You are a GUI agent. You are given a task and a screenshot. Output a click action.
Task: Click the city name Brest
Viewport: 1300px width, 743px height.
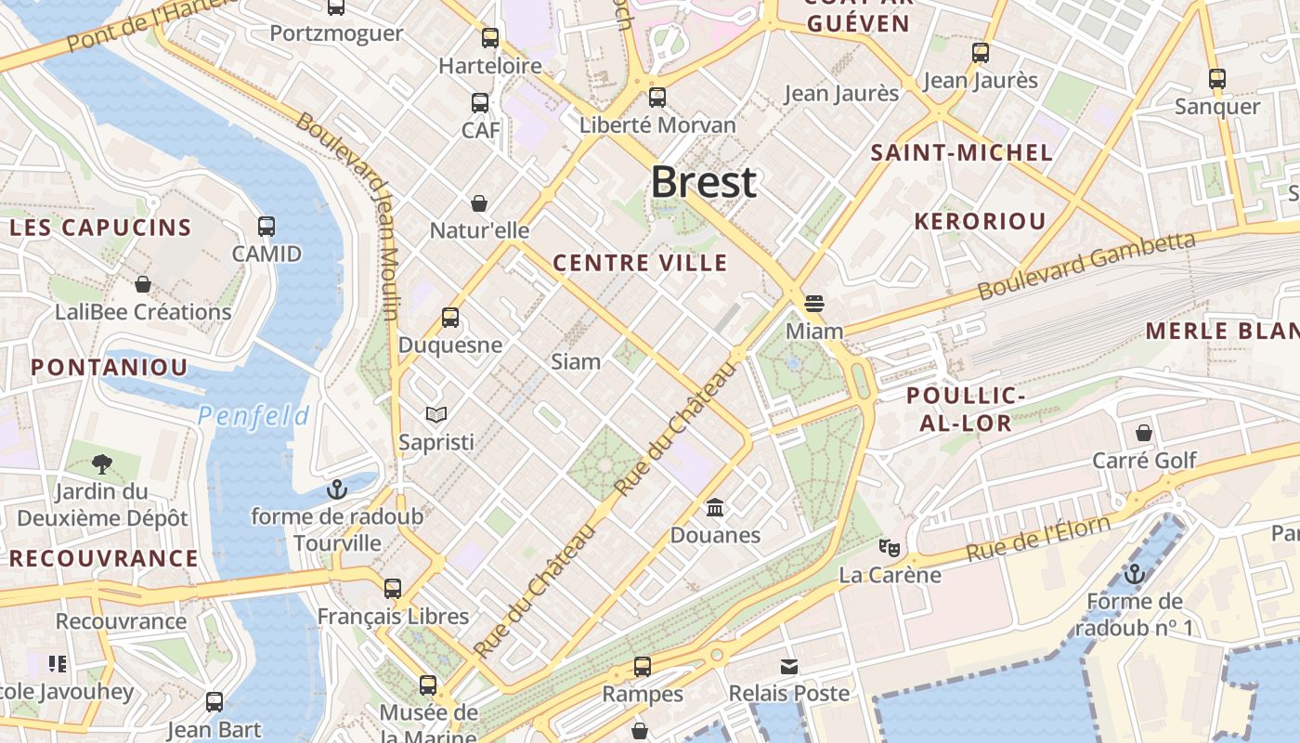[x=703, y=182]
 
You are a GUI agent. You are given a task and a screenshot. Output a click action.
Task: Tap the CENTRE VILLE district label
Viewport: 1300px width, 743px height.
[x=640, y=263]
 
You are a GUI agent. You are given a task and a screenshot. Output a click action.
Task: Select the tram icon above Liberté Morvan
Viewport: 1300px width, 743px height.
[x=657, y=97]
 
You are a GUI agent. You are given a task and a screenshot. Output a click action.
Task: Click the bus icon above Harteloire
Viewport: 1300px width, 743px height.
[x=489, y=38]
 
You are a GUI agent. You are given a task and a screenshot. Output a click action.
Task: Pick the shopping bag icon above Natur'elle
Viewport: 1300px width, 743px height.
[x=479, y=202]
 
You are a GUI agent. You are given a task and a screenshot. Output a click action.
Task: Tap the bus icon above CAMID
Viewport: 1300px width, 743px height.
[x=266, y=226]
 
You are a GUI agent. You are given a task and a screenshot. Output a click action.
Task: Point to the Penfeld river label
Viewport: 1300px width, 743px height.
[x=253, y=416]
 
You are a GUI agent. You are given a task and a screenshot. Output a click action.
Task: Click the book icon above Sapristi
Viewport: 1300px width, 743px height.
[x=436, y=414]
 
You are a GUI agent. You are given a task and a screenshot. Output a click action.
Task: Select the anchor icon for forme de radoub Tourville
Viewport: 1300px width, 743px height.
[x=337, y=489]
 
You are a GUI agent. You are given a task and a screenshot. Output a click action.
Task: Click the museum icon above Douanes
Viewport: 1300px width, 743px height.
[x=715, y=507]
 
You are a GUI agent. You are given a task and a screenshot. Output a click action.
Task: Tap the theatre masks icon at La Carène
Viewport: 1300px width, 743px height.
[x=890, y=547]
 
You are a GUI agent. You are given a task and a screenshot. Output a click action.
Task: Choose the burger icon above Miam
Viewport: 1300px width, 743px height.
[x=814, y=303]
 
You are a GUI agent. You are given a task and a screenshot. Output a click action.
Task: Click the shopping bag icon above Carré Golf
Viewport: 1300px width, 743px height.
[x=1144, y=433]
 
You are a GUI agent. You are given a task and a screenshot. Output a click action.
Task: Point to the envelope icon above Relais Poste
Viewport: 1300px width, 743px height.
[x=788, y=666]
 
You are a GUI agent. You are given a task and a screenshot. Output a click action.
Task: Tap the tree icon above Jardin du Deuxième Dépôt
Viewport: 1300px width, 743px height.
[x=102, y=463]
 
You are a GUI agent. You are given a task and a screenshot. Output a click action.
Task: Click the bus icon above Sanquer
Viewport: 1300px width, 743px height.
[x=1217, y=78]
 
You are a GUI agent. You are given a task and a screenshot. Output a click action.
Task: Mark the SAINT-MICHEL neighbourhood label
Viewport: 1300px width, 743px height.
[x=962, y=153]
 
